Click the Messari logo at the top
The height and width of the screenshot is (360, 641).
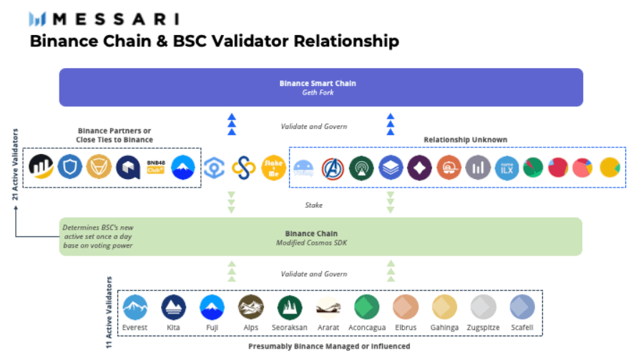pos(104,19)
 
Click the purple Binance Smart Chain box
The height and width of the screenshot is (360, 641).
pos(320,87)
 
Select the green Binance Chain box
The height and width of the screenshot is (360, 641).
pos(320,237)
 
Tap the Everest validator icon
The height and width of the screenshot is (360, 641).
pos(135,307)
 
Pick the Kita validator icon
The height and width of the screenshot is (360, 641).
pos(174,307)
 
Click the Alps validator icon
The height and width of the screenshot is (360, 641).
pos(251,307)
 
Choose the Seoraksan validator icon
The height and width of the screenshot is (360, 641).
pos(290,307)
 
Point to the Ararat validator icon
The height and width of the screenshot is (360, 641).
pos(328,307)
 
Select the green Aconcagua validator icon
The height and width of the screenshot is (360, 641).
pos(367,307)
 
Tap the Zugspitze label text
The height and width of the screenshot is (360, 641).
pos(483,327)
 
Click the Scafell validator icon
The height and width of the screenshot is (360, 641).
pos(522,307)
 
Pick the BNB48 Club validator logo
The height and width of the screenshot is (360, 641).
pos(157,167)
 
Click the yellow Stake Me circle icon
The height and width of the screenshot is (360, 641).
pos(273,167)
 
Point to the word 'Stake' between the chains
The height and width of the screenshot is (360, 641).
pos(313,205)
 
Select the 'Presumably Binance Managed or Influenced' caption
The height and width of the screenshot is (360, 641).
pos(329,346)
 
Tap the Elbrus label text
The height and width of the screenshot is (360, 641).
pos(406,327)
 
